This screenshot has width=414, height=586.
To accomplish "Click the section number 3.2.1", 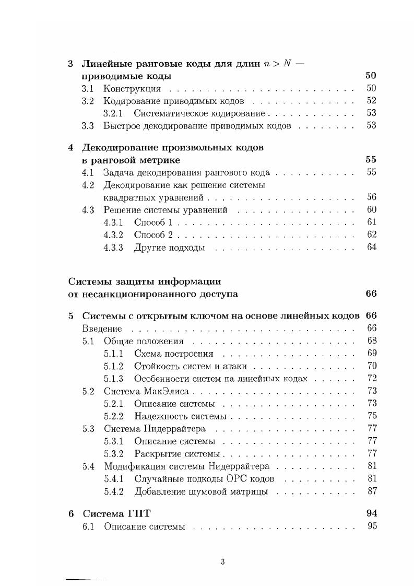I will (x=113, y=113).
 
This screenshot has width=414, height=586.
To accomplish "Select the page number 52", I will (x=371, y=101).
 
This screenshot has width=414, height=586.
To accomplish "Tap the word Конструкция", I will (x=132, y=89).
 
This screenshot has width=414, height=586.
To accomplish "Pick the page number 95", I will (x=371, y=526).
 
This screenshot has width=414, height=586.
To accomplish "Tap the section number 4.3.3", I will (x=113, y=247).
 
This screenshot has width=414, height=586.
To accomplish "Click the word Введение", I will (x=102, y=329).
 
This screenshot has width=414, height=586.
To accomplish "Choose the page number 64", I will (x=371, y=247).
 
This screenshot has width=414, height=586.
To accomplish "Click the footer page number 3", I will (x=222, y=562).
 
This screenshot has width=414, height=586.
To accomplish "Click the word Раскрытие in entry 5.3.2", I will (x=155, y=453).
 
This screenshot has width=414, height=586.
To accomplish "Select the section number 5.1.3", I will (x=113, y=379).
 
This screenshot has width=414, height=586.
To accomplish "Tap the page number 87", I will (x=371, y=491).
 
